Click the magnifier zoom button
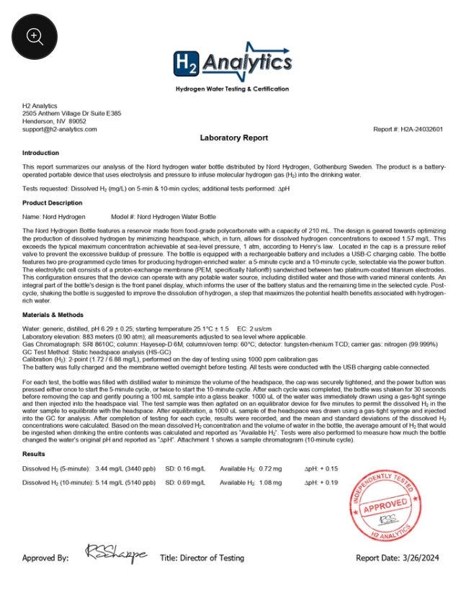point(35,36)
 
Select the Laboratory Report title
point(233,138)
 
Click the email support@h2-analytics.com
point(59,129)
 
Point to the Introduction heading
point(40,153)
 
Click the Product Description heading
point(52,202)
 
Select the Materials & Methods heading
point(53,315)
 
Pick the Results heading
point(34,454)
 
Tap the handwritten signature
point(116,553)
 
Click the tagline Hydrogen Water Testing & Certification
point(232,89)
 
